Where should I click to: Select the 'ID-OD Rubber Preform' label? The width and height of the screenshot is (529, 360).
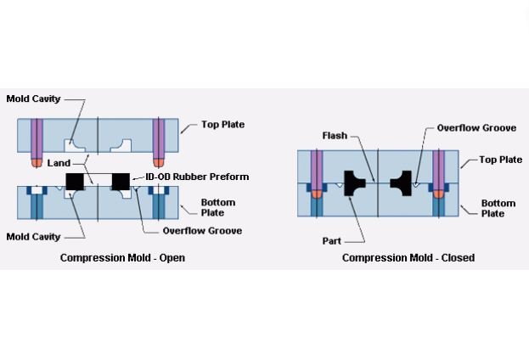click(197, 177)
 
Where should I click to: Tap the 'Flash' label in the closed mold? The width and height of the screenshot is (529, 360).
click(334, 136)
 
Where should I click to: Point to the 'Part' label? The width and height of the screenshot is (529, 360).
click(331, 241)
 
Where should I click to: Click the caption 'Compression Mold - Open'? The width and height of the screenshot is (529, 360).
click(122, 257)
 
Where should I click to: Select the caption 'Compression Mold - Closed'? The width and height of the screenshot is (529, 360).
click(408, 257)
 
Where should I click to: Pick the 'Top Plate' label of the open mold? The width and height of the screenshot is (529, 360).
click(222, 125)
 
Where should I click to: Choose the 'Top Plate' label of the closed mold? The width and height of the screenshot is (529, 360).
click(500, 160)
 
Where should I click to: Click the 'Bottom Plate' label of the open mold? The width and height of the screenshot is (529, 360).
click(217, 208)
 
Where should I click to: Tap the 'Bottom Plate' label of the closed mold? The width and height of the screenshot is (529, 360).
click(498, 208)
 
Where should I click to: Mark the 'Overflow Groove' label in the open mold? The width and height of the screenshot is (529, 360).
click(202, 231)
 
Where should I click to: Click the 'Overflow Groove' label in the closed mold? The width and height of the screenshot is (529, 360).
click(476, 128)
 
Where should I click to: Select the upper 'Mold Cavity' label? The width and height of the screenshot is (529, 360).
click(34, 99)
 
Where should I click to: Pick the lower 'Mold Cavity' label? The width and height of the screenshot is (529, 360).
click(34, 237)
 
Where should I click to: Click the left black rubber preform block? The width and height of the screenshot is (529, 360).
click(75, 181)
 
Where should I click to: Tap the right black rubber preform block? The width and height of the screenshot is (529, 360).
click(121, 181)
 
